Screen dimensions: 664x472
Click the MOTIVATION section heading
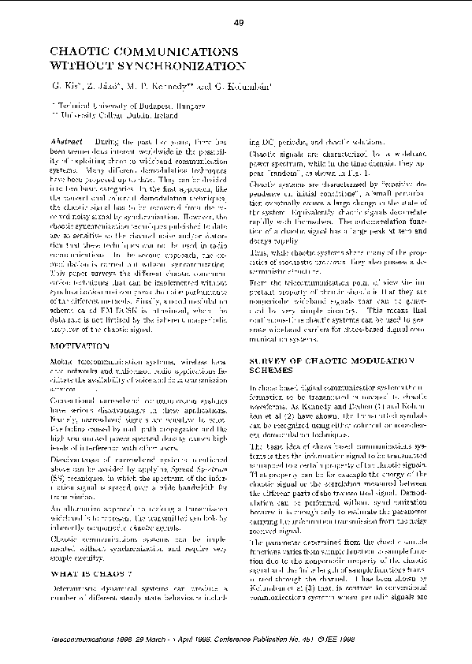coord(80,345)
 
